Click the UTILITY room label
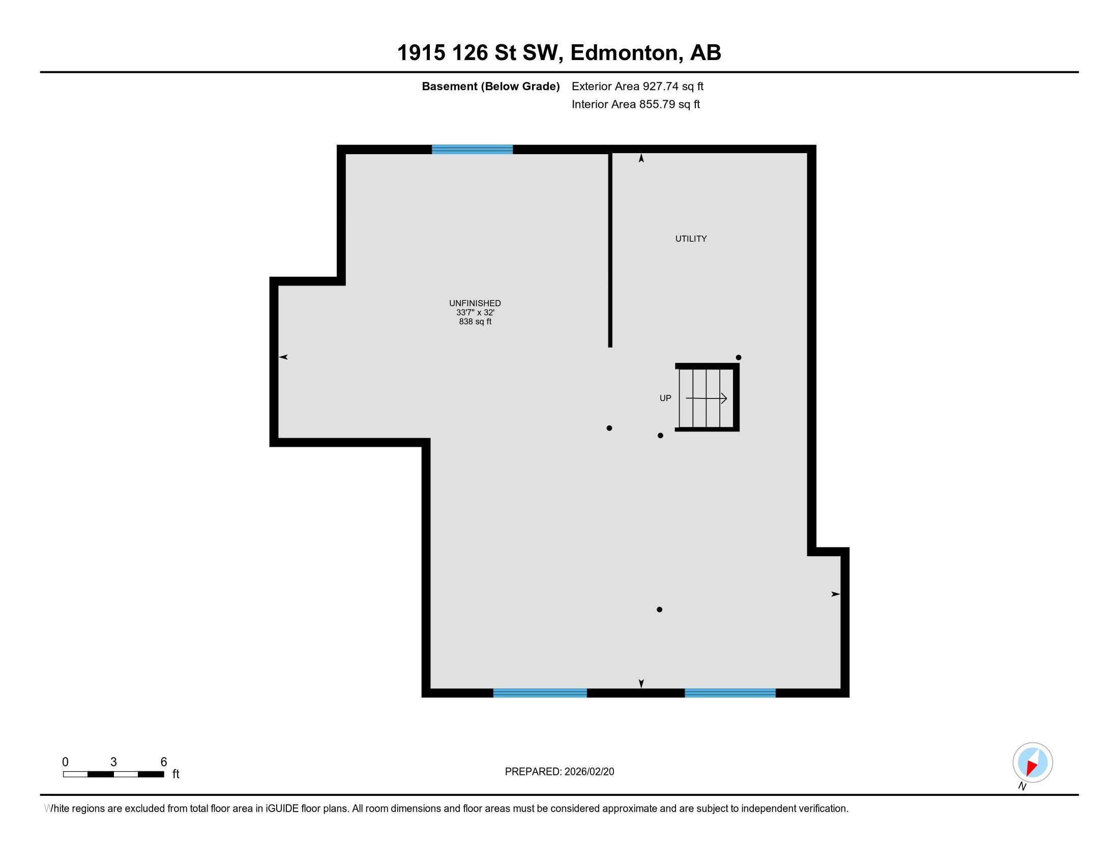691,239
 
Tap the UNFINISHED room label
475,303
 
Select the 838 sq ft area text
475,322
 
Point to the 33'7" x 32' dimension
475,312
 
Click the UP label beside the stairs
665,398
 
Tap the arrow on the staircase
706,398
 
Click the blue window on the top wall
472,150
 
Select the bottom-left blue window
540,693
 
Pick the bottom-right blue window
730,693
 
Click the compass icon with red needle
1033,763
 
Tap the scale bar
113,774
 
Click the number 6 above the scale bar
164,762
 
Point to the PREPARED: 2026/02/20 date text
559,772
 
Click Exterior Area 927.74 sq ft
637,86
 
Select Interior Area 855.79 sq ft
635,104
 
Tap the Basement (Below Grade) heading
490,86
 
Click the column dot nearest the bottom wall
659,610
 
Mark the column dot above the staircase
739,358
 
